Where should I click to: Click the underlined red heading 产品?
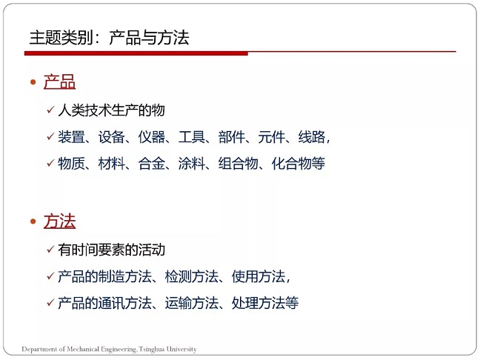59,81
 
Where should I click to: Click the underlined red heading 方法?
59,221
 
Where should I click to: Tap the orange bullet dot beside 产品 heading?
33,82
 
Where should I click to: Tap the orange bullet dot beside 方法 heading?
33,221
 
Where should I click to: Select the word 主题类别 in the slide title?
61,38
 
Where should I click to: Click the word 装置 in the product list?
71,137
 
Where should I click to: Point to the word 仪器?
152,137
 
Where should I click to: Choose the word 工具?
192,137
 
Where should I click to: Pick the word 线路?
312,137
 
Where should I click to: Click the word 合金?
152,163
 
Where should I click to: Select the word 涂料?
192,163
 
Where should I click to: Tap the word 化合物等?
299,163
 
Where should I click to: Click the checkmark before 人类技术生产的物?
50,110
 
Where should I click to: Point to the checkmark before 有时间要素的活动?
50,250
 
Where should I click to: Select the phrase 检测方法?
192,276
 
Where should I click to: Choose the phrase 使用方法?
259,276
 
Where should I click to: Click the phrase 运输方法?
192,303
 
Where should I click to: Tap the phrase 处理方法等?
265,303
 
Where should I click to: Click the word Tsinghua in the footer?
152,349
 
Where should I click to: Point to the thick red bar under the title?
136,53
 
